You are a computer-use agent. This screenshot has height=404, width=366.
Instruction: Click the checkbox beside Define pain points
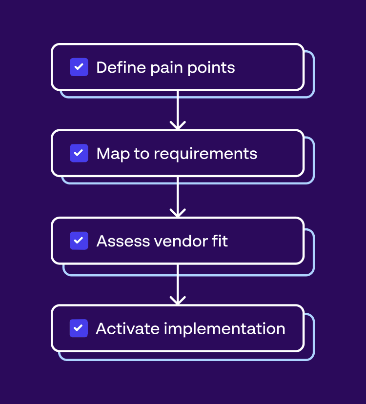tap(79, 67)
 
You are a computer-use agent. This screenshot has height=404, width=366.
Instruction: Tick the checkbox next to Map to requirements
tap(79, 153)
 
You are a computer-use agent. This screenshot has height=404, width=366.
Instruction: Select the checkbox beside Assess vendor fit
tap(79, 241)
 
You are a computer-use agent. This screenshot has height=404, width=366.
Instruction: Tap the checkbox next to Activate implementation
tap(79, 328)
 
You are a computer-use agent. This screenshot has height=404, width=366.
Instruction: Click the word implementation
tap(224, 329)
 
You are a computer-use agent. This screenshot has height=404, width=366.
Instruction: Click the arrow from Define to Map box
tap(178, 109)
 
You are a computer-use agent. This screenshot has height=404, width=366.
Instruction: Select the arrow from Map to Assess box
tap(178, 196)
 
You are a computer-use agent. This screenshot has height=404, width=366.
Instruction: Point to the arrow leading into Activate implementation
tap(178, 284)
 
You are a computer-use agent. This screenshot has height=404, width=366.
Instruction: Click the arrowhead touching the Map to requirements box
tap(178, 126)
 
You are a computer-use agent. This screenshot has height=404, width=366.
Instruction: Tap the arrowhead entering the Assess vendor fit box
tap(178, 213)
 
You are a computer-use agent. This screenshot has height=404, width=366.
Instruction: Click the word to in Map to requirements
tap(142, 154)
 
